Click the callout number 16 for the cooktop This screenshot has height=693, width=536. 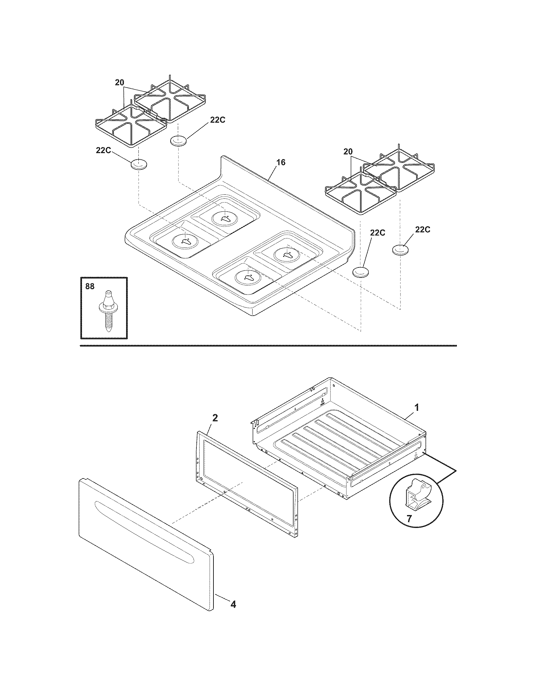[x=281, y=163]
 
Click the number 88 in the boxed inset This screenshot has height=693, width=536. [x=90, y=286]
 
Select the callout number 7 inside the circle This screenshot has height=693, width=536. [x=409, y=519]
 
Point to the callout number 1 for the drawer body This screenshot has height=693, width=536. [x=417, y=407]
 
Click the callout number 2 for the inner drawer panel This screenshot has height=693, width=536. [x=215, y=418]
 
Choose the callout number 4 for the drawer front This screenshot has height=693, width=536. [x=233, y=604]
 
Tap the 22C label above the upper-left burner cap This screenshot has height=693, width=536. [x=218, y=120]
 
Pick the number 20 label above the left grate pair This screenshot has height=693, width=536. [x=119, y=83]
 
